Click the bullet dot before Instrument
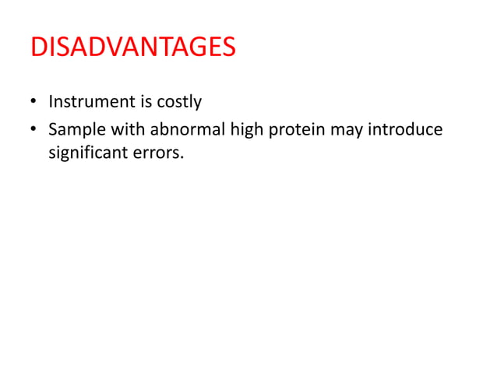click(x=34, y=102)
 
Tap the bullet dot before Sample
click(x=34, y=128)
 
